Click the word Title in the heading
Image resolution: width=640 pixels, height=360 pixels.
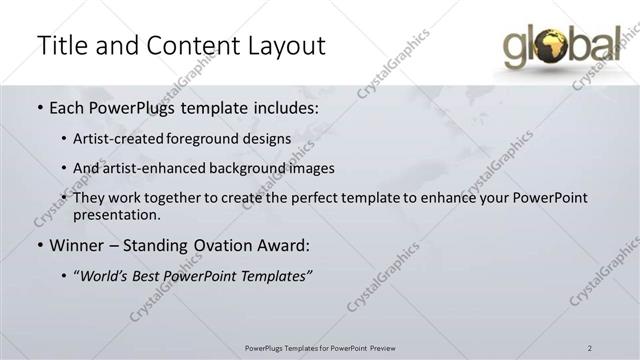[63, 45]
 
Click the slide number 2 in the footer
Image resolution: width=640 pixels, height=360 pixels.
[590, 348]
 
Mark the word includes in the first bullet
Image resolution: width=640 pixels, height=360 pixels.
[286, 106]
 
